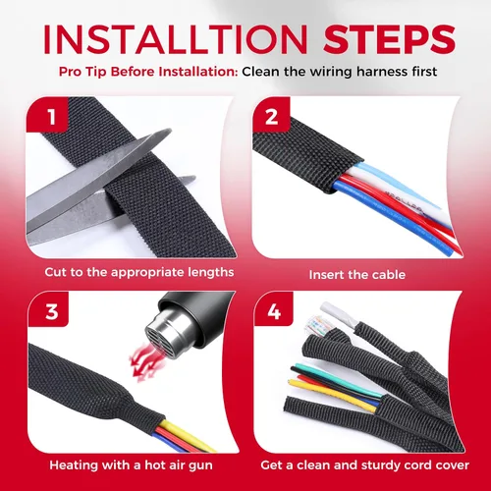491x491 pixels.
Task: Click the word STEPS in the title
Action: (x=389, y=39)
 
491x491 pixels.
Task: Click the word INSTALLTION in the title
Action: (x=176, y=39)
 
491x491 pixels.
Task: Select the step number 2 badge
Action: (x=271, y=115)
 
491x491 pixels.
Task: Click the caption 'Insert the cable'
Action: (x=357, y=275)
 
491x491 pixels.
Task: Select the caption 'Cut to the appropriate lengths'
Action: (x=139, y=272)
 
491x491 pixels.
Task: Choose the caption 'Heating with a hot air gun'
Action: (x=131, y=465)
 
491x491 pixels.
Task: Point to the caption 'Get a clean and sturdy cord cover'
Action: (x=364, y=465)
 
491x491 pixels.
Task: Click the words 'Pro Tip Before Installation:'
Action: (x=148, y=72)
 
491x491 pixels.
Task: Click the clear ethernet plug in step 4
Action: (x=316, y=326)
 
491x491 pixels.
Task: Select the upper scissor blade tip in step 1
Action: (x=169, y=132)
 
